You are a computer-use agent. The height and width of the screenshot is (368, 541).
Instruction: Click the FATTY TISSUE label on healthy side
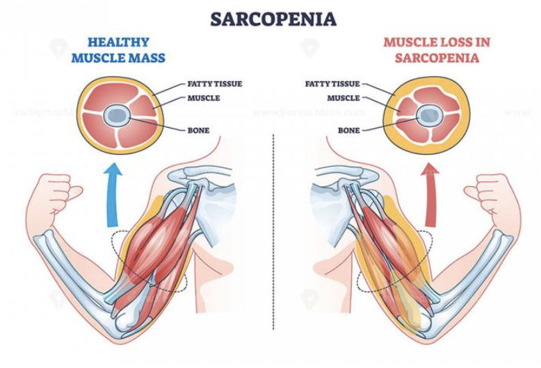[x=215, y=84]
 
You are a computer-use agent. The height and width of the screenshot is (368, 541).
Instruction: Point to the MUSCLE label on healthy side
[x=204, y=98]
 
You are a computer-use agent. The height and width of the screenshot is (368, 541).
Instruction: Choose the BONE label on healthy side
[x=198, y=130]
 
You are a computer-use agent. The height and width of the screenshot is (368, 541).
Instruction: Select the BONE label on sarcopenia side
[x=348, y=130]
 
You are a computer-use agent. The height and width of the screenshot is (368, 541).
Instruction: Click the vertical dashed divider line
[x=273, y=243]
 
